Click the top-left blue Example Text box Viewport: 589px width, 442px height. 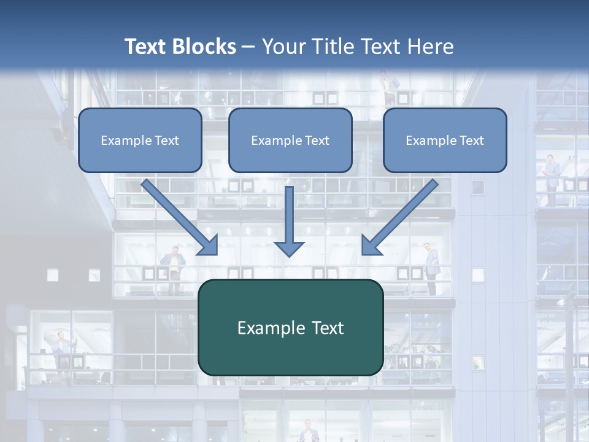(140, 140)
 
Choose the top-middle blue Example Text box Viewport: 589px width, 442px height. (290, 140)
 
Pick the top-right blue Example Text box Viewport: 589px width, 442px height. (445, 140)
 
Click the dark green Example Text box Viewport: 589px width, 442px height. (290, 327)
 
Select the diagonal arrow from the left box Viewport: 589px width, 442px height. (180, 217)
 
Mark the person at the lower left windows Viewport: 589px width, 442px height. (63, 350)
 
